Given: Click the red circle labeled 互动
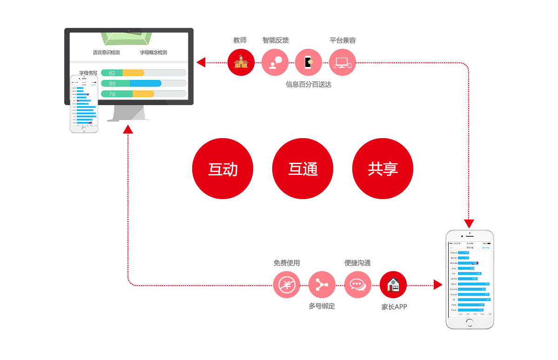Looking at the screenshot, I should pyautogui.click(x=222, y=169).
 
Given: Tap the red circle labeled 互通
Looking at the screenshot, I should pyautogui.click(x=303, y=169).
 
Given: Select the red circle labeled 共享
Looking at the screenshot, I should pyautogui.click(x=383, y=169).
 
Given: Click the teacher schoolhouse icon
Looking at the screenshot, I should pyautogui.click(x=241, y=62).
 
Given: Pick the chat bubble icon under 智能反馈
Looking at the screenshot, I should pyautogui.click(x=275, y=62).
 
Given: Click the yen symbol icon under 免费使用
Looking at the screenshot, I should pyautogui.click(x=287, y=285).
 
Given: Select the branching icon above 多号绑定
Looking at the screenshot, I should pyautogui.click(x=322, y=285).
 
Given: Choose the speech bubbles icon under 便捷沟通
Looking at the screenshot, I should pyautogui.click(x=357, y=285).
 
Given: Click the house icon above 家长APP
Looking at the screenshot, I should pyautogui.click(x=393, y=285).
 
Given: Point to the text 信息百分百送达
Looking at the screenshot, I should pyautogui.click(x=309, y=85).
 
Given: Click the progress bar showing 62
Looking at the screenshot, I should pyautogui.click(x=143, y=73).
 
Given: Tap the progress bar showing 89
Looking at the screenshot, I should pyautogui.click(x=143, y=83).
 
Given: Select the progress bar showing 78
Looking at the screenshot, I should pyautogui.click(x=143, y=94).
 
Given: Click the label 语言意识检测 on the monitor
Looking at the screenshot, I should pyautogui.click(x=106, y=53).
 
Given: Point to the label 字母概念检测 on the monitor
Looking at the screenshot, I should pyautogui.click(x=153, y=53).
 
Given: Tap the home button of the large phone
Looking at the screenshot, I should pyautogui.click(x=470, y=322).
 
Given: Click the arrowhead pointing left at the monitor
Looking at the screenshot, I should pyautogui.click(x=201, y=62).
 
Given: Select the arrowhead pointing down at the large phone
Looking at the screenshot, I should pyautogui.click(x=469, y=223).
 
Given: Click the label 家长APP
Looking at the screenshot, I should pyautogui.click(x=394, y=307).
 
